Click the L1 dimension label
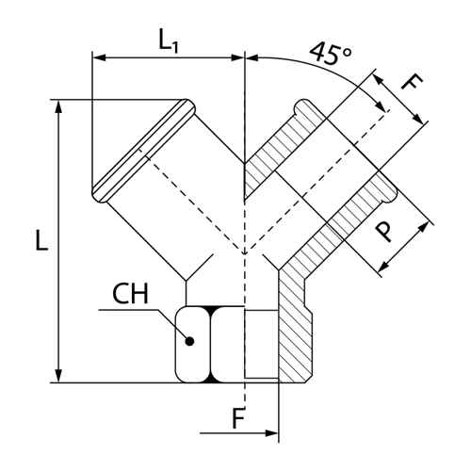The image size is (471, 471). pos(169,41)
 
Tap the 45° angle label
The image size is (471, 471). pos(331,53)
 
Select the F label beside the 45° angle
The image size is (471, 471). pos(413,83)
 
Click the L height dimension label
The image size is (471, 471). pos(41,240)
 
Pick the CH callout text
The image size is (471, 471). pos(130,294)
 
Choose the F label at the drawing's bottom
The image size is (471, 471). pos(238,418)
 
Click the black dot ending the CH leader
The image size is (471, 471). pos(189,341)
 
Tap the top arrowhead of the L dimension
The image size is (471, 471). pos(58,106)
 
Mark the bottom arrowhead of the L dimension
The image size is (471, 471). pos(58,376)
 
